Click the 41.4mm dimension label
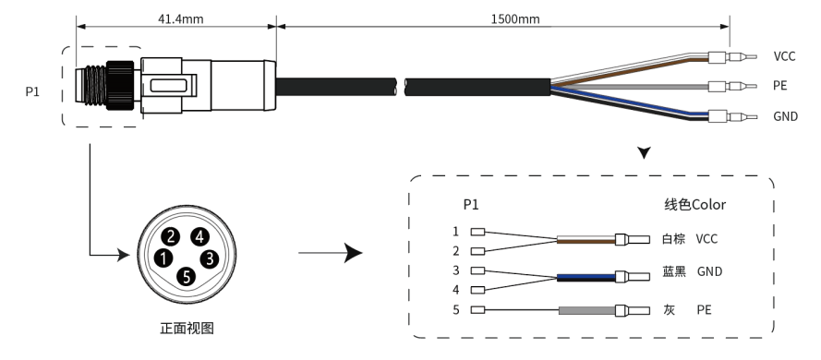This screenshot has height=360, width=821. point(180,19)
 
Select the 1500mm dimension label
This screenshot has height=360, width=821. point(514,19)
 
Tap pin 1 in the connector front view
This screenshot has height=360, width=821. point(163,258)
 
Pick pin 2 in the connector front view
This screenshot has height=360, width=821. point(170,237)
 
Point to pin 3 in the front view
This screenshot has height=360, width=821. point(210,258)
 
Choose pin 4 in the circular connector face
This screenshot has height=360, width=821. point(199,237)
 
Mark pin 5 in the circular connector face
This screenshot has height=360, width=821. point(187,276)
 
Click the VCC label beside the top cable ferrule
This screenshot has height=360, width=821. point(784,56)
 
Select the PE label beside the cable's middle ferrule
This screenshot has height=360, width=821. point(780,85)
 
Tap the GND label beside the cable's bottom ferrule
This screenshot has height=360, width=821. point(785,116)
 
